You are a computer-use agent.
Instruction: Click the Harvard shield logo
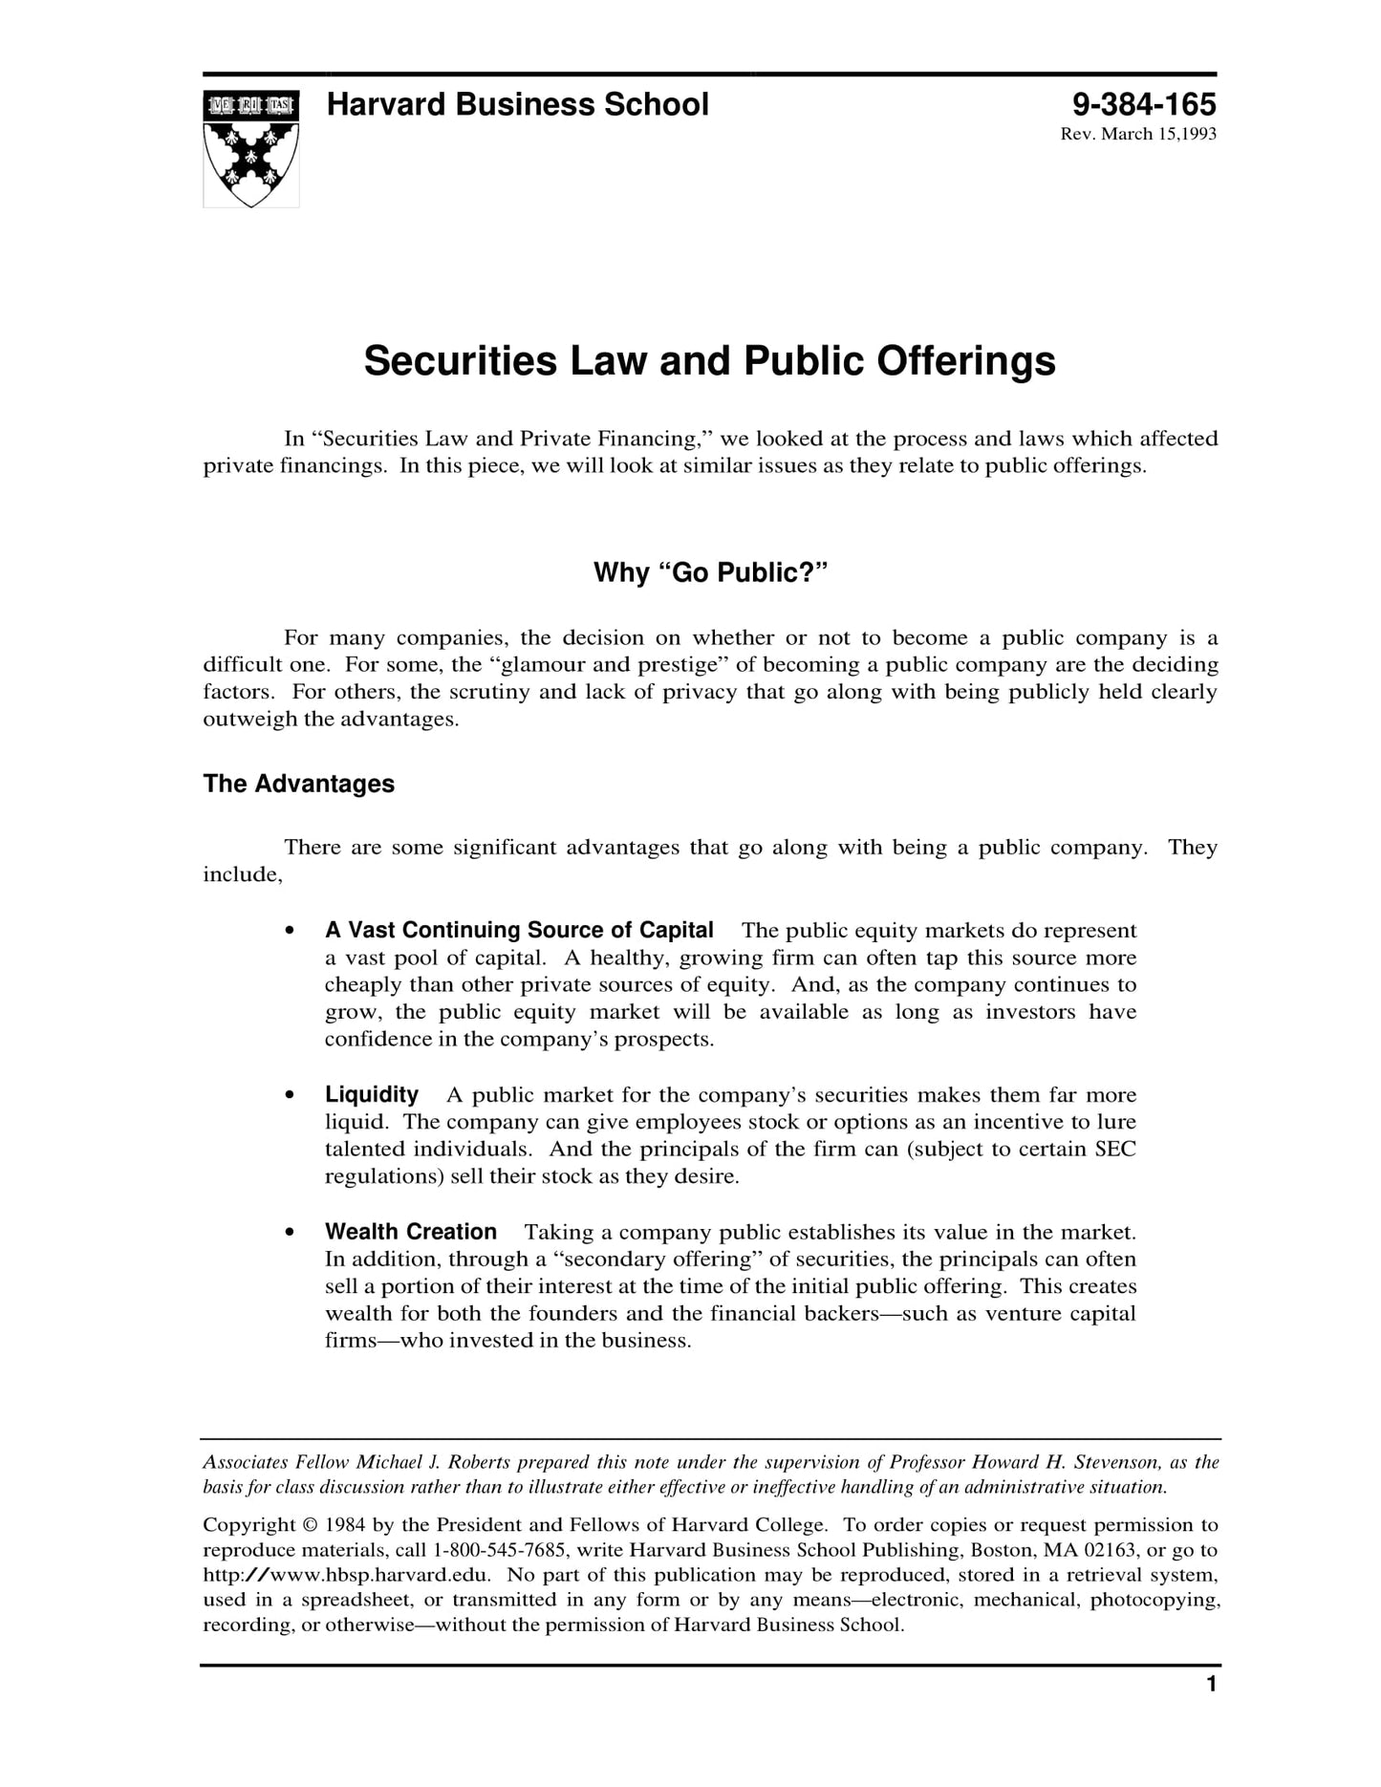coord(250,148)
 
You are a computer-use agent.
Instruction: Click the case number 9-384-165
coord(1143,104)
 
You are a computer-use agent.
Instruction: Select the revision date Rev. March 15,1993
coord(1137,134)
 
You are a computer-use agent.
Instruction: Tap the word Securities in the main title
coord(460,361)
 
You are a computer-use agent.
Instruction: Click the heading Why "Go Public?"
coord(709,572)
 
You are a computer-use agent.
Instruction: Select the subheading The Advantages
coord(298,784)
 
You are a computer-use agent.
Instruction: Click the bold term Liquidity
coord(372,1094)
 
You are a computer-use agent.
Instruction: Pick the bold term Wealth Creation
coord(411,1232)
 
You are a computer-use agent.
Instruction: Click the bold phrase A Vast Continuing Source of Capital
coord(519,930)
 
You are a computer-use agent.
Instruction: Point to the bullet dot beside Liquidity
coord(290,1096)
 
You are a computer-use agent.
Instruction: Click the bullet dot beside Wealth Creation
coord(290,1234)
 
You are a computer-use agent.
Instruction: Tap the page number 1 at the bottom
coord(1211,1685)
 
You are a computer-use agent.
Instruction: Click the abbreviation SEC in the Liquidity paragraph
coord(1114,1149)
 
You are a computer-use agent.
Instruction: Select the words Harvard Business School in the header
coord(517,104)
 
